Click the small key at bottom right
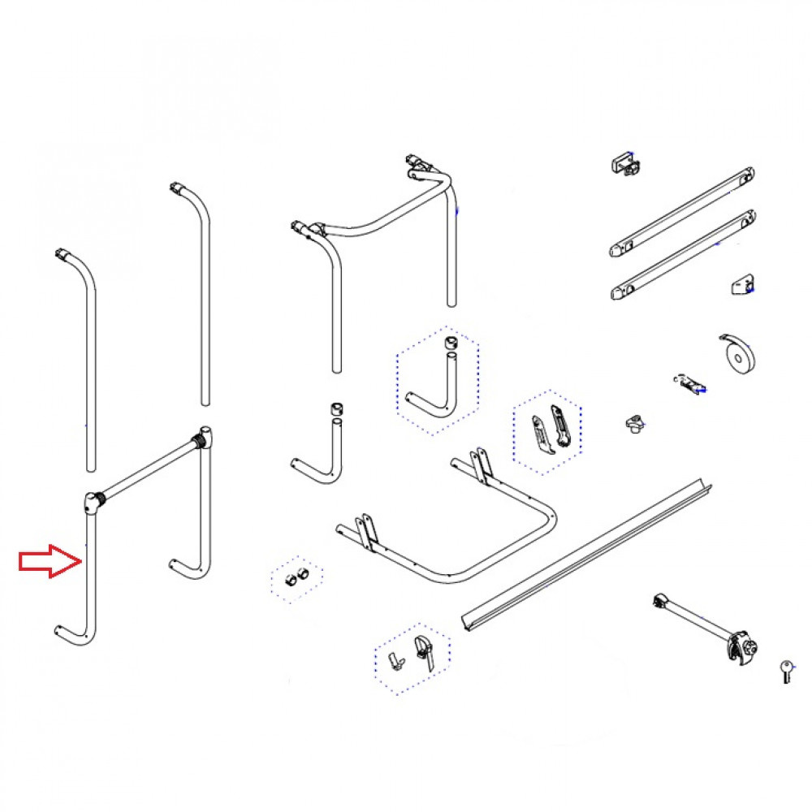pos(786,671)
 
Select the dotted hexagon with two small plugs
pos(296,579)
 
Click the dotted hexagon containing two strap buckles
pos(547,431)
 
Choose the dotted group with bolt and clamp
pos(412,656)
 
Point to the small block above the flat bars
pos(625,162)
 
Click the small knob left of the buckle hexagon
pos(634,423)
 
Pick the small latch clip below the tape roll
pos(689,383)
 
